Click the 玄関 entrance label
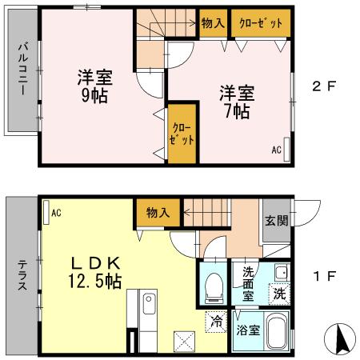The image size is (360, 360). (276, 221)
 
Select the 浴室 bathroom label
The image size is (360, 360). (247, 330)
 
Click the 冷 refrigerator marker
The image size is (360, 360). (217, 321)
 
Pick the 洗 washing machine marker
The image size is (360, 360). (278, 293)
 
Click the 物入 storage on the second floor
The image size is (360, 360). (212, 23)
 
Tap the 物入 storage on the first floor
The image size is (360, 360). (157, 212)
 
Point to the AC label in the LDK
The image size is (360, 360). (57, 213)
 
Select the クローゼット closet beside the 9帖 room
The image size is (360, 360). (182, 134)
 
